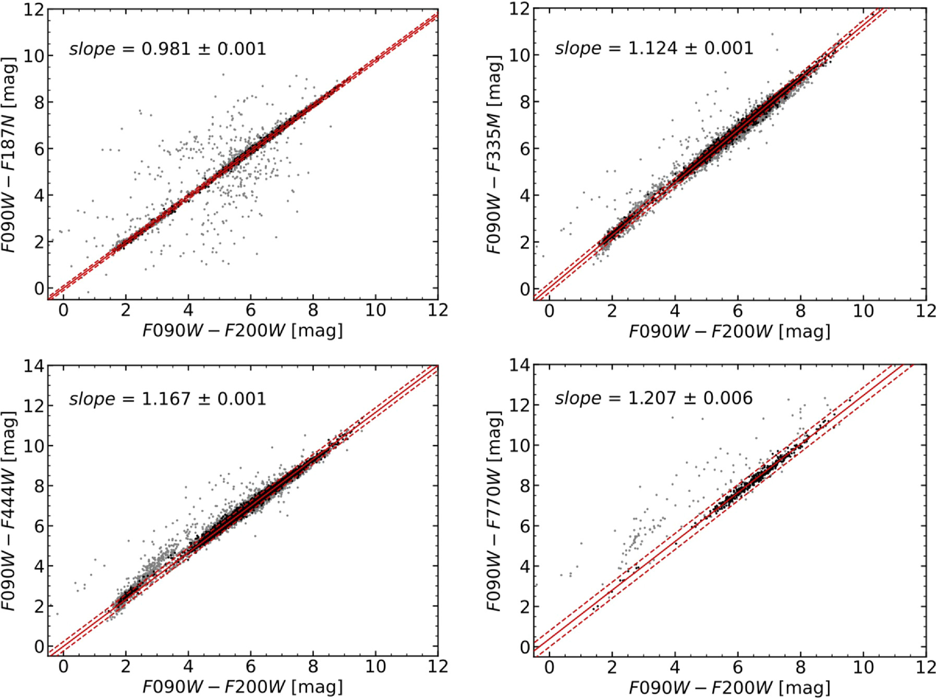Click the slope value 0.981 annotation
(x=167, y=49)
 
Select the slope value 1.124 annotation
(x=653, y=48)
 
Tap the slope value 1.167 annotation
(x=167, y=399)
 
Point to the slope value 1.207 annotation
(x=653, y=398)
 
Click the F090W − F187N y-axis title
(x=9, y=155)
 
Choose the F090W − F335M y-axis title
(x=494, y=155)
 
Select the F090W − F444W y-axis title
(x=9, y=511)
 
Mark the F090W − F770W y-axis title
(x=494, y=511)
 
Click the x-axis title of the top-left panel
(x=242, y=330)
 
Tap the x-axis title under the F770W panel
(x=729, y=687)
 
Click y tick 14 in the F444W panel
(x=33, y=366)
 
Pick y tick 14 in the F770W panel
(x=519, y=366)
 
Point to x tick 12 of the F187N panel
(x=437, y=311)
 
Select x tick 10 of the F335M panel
(x=863, y=311)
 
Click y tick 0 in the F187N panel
(x=39, y=288)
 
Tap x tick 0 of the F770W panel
(x=549, y=667)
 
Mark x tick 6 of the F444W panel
(x=250, y=667)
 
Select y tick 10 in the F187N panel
(x=33, y=55)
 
